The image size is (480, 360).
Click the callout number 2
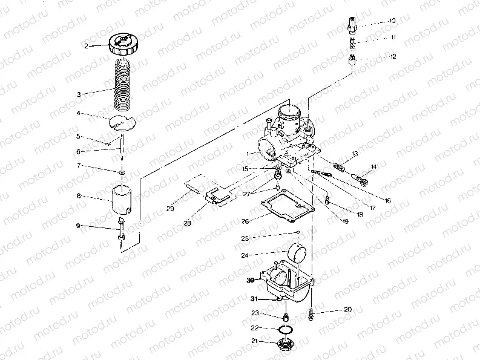point(87,46)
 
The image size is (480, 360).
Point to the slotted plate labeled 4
point(122,122)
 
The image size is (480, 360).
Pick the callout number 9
point(77,226)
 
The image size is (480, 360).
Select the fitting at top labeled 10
point(350,26)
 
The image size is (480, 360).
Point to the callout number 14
point(373,166)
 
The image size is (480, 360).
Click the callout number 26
point(245,221)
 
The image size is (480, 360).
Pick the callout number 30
point(250,280)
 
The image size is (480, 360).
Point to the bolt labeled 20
point(311,313)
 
